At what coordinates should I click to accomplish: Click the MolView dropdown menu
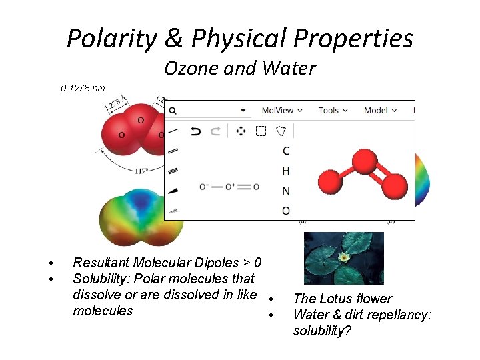pos(281,110)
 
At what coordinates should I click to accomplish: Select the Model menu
pos(380,110)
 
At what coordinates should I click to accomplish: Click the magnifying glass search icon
pos(173,111)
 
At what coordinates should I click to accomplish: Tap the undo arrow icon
pos(195,131)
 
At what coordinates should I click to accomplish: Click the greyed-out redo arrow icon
pos(215,131)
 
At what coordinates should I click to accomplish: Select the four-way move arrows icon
pos(241,131)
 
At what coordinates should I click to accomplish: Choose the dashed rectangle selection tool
pos(261,131)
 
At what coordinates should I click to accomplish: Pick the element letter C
pos(286,151)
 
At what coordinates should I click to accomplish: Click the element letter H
pos(286,171)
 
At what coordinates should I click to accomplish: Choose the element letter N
pos(286,191)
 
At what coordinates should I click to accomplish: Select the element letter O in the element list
pos(286,211)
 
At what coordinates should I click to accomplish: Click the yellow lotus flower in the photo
pos(344,257)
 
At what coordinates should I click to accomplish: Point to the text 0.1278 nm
pos(83,88)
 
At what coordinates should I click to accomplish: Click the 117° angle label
pos(141,171)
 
